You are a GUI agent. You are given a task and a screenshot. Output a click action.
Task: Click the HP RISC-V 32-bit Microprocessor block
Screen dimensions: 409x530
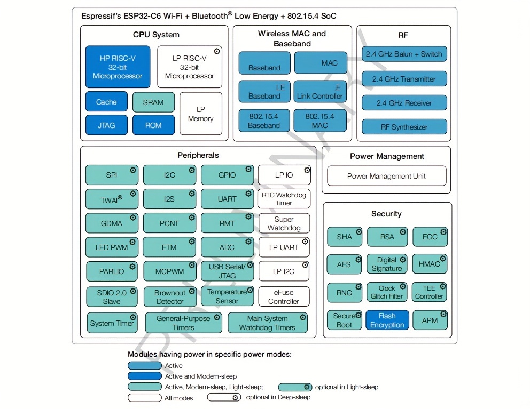pyautogui.click(x=118, y=67)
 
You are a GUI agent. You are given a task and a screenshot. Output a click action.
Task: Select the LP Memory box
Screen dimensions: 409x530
pyautogui.click(x=200, y=114)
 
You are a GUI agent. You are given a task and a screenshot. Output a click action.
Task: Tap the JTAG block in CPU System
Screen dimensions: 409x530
pyautogui.click(x=106, y=125)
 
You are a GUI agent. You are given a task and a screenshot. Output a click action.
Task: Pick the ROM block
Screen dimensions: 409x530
pyautogui.click(x=153, y=125)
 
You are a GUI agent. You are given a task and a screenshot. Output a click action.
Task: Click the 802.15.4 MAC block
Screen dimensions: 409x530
pyautogui.click(x=319, y=121)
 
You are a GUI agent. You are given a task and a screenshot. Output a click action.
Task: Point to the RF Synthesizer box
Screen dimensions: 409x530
pyautogui.click(x=404, y=127)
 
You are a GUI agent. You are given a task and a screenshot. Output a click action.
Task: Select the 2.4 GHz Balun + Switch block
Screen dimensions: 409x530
pyautogui.click(x=404, y=54)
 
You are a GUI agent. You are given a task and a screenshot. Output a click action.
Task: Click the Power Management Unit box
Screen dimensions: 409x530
pyautogui.click(x=386, y=176)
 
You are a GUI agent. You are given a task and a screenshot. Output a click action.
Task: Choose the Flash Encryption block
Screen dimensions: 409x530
pyautogui.click(x=387, y=320)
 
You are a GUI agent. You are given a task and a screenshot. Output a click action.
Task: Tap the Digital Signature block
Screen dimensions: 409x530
pyautogui.click(x=387, y=264)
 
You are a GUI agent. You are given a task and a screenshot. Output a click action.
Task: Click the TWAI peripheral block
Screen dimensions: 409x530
pyautogui.click(x=112, y=199)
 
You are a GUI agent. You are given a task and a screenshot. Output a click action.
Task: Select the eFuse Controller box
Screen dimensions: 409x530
pyautogui.click(x=284, y=296)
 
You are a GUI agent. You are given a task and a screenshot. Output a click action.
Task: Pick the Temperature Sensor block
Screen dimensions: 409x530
pyautogui.click(x=227, y=296)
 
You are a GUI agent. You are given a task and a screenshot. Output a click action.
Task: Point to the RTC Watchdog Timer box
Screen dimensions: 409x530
pyautogui.click(x=284, y=199)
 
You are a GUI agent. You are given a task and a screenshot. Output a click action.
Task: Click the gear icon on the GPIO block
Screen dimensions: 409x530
pyautogui.click(x=248, y=169)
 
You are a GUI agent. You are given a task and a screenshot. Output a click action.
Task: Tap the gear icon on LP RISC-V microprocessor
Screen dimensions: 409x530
pyautogui.click(x=217, y=51)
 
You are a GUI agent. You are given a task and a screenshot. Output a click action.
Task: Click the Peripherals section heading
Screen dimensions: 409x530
pyautogui.click(x=198, y=155)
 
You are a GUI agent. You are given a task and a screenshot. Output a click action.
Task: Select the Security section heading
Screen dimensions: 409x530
pyautogui.click(x=386, y=214)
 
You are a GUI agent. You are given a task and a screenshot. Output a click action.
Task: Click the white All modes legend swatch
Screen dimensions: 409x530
pyautogui.click(x=144, y=397)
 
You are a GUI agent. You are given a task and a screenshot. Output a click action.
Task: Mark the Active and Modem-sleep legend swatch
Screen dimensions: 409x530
pyautogui.click(x=144, y=376)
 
